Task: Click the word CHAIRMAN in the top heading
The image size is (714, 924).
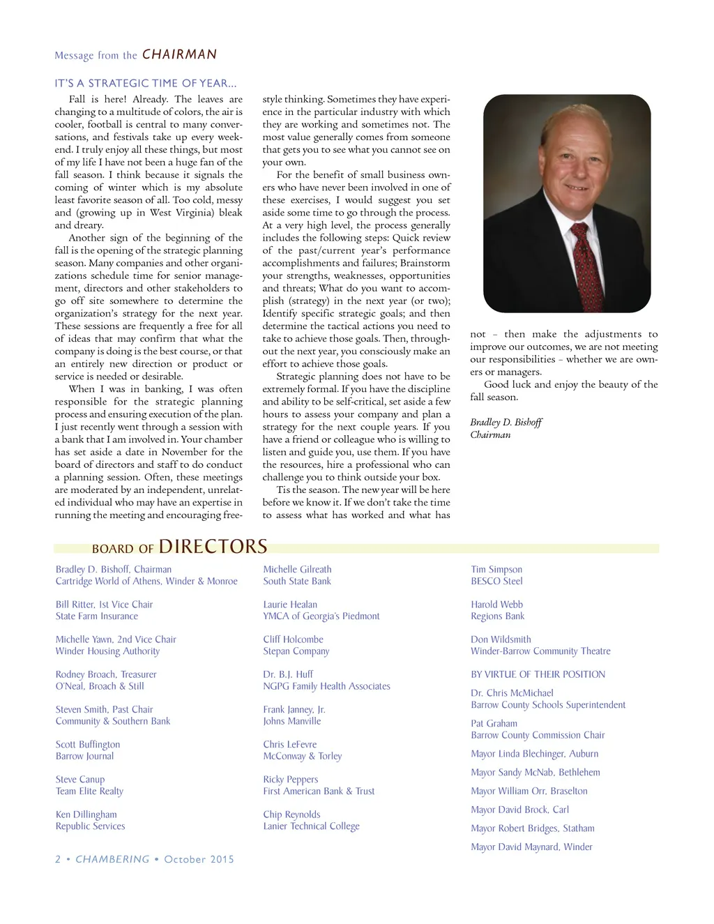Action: point(179,54)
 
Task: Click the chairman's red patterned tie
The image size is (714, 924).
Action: point(586,265)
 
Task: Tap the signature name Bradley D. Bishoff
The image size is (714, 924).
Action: point(506,422)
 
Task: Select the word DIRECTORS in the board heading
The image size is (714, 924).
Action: point(213,546)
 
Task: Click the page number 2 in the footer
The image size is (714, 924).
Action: point(58,859)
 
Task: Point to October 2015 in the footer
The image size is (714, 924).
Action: point(199,859)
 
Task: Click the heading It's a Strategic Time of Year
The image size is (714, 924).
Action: point(146,83)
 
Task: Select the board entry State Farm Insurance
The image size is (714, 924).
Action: point(97,616)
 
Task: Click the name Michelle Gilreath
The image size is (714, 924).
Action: point(297,569)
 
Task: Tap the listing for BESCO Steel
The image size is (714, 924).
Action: point(496,581)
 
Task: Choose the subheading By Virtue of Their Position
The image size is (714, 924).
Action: point(538,674)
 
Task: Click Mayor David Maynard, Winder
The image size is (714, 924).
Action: point(531,847)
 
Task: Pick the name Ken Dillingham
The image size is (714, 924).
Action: point(86,814)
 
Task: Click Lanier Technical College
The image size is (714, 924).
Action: point(311,826)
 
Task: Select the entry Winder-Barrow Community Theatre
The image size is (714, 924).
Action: point(540,651)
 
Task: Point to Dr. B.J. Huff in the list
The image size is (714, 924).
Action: point(288,674)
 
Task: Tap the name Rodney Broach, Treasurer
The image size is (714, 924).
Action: point(106,674)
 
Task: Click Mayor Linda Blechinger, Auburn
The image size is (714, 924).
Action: point(534,753)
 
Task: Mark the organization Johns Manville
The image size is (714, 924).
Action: point(292,721)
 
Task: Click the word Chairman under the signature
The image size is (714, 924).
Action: point(490,434)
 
